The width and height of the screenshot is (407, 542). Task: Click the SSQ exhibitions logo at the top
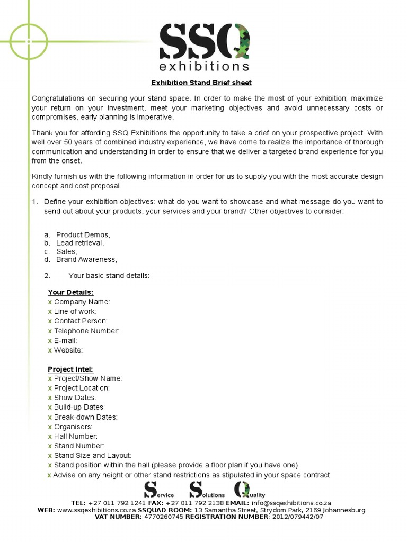coord(204,47)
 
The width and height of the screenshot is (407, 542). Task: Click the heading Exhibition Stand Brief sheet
coord(201,83)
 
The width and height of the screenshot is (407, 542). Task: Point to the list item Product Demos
coord(83,234)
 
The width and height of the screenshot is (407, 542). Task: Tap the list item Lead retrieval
coord(80,243)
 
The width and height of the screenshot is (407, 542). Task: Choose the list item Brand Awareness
coord(86,260)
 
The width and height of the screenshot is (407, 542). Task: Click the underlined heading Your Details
coord(70,292)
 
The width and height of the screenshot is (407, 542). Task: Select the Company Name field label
coord(82,302)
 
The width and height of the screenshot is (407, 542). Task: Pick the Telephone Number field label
coord(86,331)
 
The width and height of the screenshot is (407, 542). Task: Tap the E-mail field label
coord(65,340)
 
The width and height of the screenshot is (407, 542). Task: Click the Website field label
coord(68,350)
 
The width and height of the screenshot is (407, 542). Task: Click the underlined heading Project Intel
coord(70,369)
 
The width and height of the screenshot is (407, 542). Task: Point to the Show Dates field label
coord(75,398)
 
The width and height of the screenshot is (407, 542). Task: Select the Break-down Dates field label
coord(85,417)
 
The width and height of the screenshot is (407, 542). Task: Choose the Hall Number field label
coord(76,436)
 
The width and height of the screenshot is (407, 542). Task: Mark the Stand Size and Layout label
coord(92,455)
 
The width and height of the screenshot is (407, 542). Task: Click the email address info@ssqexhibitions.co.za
coord(285,503)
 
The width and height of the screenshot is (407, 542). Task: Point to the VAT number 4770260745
coord(163,517)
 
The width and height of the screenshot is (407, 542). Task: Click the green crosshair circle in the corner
coord(26,40)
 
